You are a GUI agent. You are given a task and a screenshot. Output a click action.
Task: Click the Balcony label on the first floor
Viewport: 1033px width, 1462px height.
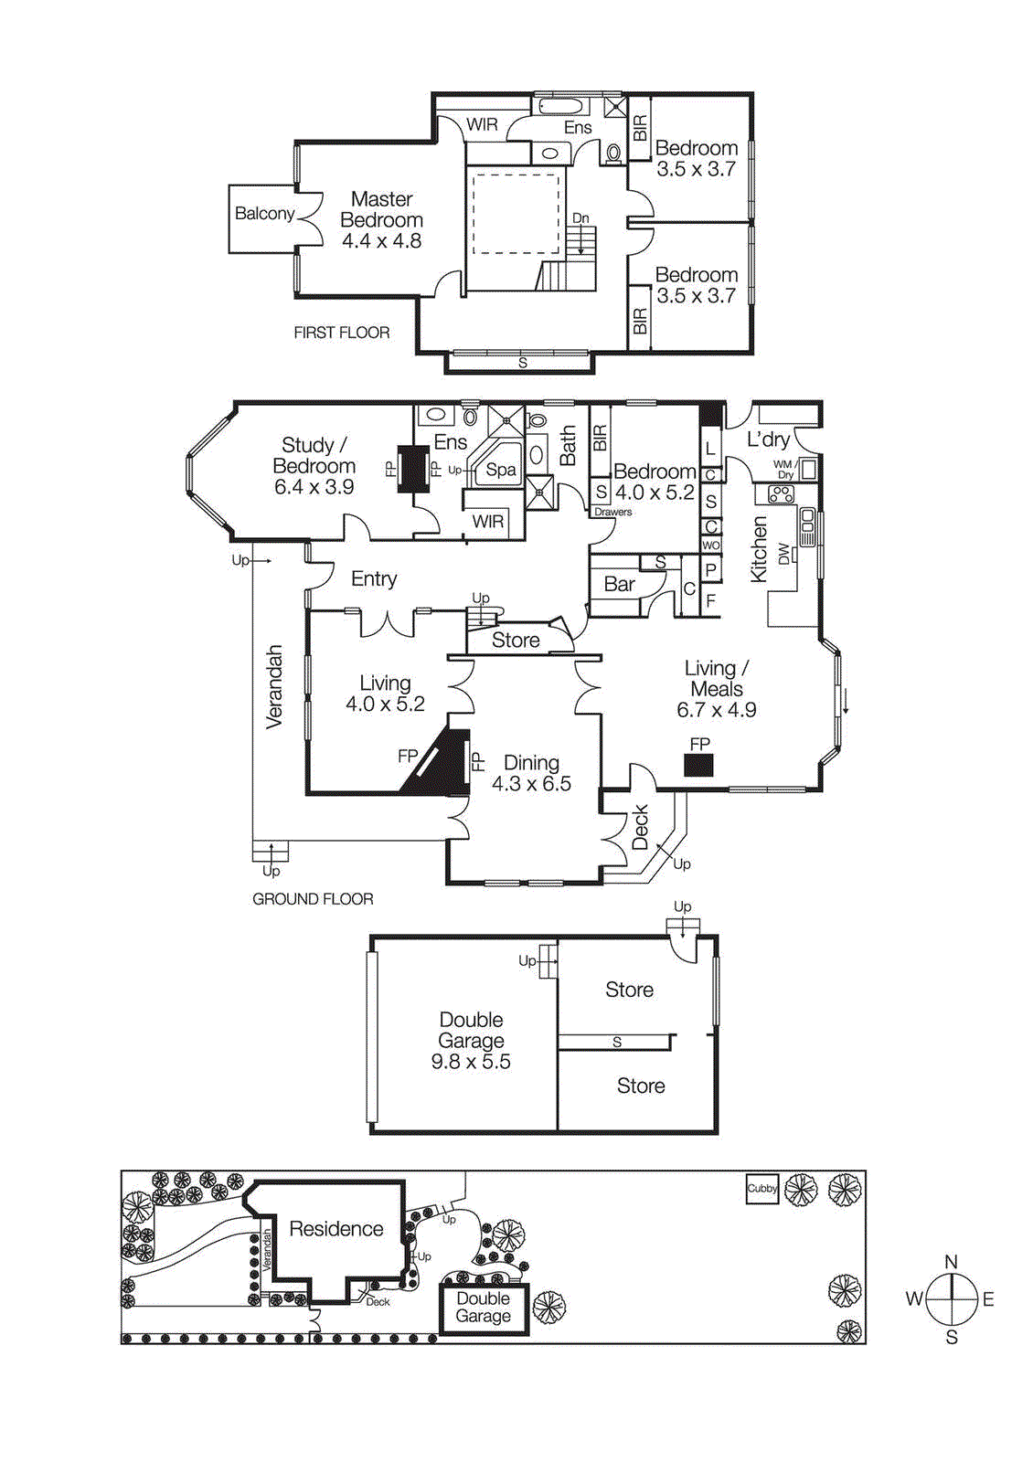click(264, 214)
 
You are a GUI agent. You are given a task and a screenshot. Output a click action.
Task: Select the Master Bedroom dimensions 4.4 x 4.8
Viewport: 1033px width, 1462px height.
click(381, 241)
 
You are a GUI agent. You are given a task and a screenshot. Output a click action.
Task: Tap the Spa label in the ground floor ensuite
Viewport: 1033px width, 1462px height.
click(500, 470)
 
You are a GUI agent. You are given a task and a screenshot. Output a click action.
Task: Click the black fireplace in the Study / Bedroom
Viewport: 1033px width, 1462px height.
click(413, 469)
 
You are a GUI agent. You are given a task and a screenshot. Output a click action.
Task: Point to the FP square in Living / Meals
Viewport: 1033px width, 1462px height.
click(698, 766)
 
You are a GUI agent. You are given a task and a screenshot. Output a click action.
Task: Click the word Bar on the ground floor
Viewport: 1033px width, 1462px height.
click(619, 584)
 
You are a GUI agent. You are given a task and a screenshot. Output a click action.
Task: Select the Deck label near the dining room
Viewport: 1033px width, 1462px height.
click(640, 826)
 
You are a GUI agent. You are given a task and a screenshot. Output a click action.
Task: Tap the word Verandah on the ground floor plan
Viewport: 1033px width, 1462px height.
click(274, 687)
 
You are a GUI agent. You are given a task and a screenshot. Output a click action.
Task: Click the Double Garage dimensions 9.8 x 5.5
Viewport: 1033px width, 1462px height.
click(471, 1062)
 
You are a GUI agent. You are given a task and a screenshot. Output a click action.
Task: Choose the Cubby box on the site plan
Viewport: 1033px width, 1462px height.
click(761, 1189)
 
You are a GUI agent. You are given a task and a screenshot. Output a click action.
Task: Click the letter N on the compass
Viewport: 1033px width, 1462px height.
click(951, 1262)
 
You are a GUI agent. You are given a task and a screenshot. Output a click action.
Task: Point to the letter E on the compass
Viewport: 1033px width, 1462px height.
click(988, 1298)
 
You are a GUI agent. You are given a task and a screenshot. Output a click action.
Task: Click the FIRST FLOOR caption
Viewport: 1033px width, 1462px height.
click(341, 333)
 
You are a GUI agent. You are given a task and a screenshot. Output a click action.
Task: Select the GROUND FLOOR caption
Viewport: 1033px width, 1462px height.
click(313, 899)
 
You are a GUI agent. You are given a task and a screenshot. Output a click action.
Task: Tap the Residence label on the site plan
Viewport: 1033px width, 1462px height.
click(335, 1229)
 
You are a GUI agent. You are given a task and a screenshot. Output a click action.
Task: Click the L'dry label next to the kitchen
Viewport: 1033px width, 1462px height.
click(768, 440)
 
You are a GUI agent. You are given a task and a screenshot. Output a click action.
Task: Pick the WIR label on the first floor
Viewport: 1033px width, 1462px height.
click(482, 124)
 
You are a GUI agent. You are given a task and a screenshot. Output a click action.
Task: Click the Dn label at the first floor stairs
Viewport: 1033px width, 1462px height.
click(580, 217)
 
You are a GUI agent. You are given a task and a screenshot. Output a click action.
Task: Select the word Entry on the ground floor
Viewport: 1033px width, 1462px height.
click(374, 578)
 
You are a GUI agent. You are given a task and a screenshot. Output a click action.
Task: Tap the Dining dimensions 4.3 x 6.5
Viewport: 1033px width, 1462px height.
click(531, 784)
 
